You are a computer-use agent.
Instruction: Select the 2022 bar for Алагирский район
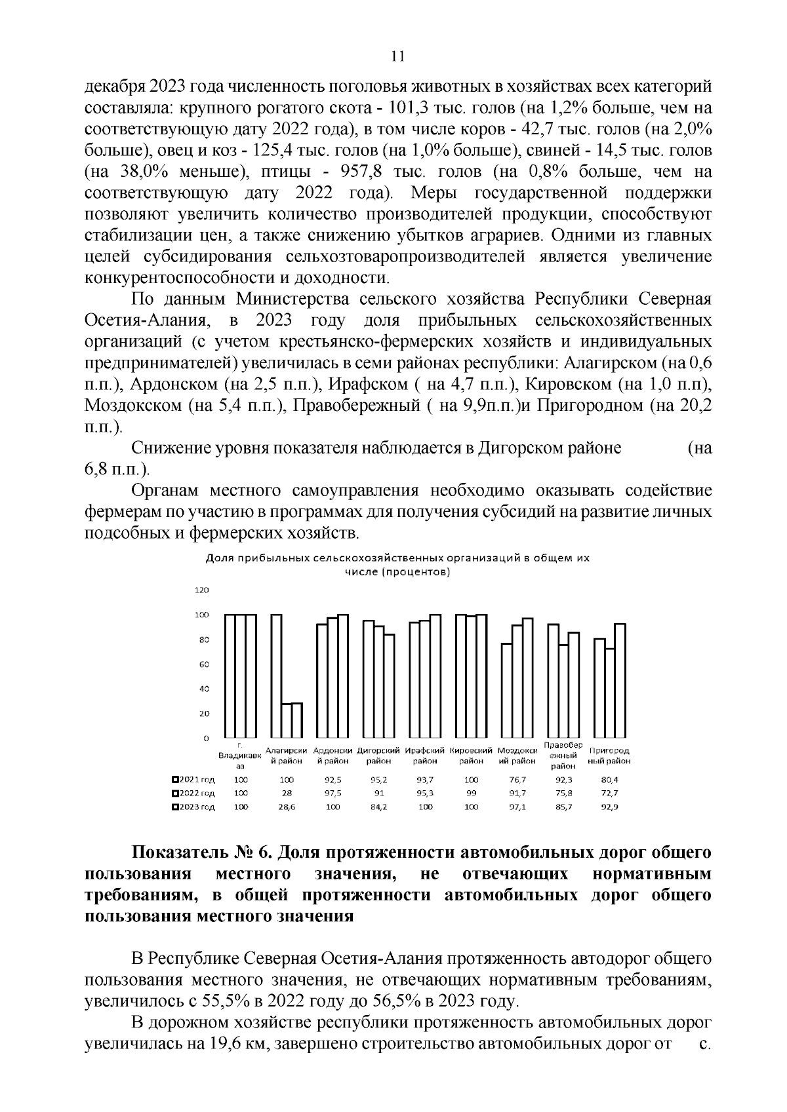coord(287,721)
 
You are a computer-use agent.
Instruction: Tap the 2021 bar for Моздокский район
coord(506,690)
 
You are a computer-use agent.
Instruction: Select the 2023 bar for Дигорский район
coord(390,685)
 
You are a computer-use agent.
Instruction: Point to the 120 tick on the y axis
coord(202,590)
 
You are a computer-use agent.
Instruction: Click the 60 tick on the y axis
coord(204,664)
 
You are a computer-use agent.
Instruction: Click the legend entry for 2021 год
coord(193,780)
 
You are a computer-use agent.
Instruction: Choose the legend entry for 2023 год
coord(193,807)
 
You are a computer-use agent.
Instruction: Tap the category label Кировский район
coord(471,756)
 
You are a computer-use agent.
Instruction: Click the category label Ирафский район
coord(425,756)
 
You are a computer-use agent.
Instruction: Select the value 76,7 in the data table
coord(517,780)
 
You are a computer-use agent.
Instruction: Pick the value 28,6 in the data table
coord(287,807)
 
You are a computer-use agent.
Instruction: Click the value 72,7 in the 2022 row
coord(610,794)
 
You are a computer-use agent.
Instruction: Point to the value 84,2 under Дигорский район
coord(379,807)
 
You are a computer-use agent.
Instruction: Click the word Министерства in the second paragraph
coord(289,299)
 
